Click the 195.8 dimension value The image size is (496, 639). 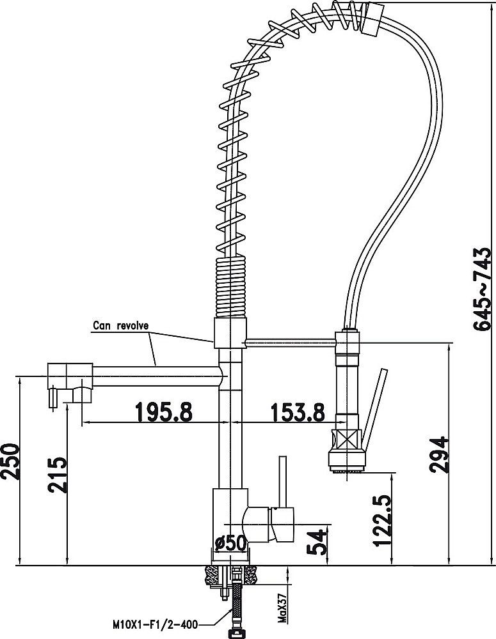click(x=163, y=412)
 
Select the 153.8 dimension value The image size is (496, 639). click(x=298, y=412)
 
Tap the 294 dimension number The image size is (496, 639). click(x=439, y=455)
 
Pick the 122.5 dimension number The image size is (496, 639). click(x=382, y=520)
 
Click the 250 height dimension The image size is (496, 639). click(x=10, y=461)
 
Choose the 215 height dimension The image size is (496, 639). click(x=57, y=475)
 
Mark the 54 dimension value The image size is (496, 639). click(x=317, y=542)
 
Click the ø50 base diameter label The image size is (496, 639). click(x=231, y=543)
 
